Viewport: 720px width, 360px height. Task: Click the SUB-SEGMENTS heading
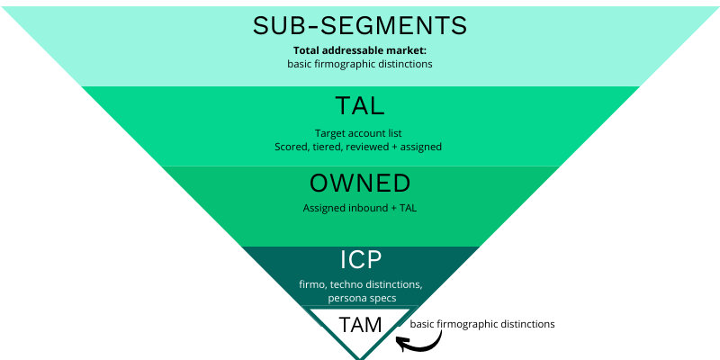tap(360, 25)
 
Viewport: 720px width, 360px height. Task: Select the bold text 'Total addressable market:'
tap(360, 50)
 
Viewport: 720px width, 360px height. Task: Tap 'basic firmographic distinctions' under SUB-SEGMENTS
tap(360, 64)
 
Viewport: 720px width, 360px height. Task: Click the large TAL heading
tap(360, 105)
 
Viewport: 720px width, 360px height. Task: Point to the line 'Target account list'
tap(360, 133)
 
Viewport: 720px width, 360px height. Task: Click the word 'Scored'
tap(292, 146)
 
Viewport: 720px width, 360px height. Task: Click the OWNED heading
tap(360, 184)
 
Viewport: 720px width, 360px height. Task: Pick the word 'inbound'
tap(364, 208)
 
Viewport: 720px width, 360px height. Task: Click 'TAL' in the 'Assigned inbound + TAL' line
tap(406, 208)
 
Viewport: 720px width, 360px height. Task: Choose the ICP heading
tap(361, 260)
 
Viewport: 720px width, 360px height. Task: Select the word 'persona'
tap(343, 297)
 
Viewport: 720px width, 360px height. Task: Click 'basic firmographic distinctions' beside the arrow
tap(482, 323)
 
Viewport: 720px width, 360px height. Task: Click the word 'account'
tap(360, 133)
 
